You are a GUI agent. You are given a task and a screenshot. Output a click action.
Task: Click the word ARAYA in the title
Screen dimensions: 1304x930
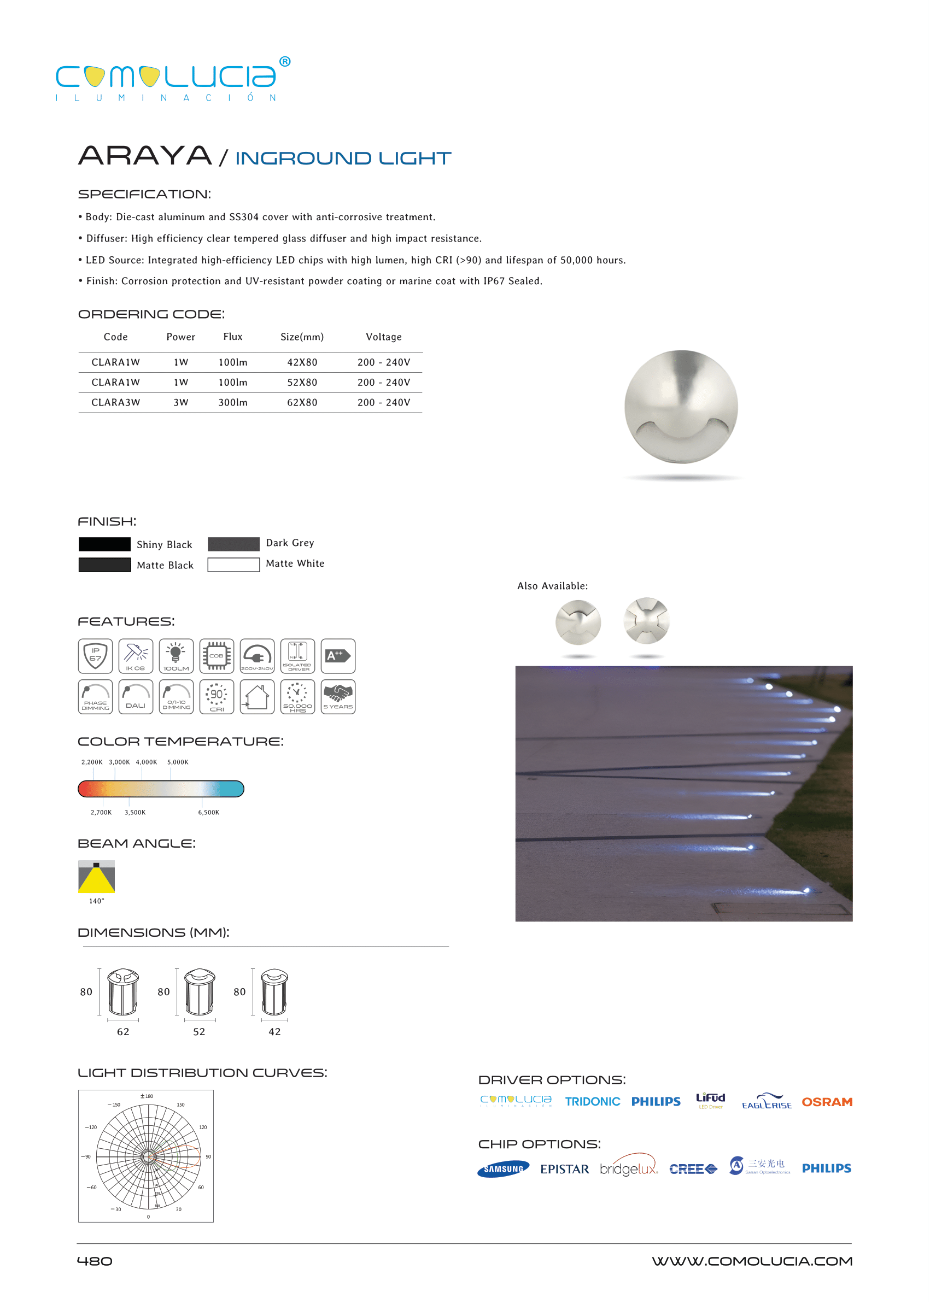pos(145,156)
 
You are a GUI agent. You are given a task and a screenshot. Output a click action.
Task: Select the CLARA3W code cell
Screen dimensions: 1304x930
pos(116,402)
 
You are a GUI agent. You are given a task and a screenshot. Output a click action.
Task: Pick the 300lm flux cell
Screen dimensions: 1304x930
pos(232,402)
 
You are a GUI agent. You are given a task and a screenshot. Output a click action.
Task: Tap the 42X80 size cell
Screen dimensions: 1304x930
pos(302,362)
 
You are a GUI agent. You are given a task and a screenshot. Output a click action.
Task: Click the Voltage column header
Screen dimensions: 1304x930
pos(383,337)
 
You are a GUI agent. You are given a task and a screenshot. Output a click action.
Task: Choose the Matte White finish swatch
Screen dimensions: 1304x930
pos(233,565)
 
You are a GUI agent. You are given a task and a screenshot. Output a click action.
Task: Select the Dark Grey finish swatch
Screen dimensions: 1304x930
pos(233,544)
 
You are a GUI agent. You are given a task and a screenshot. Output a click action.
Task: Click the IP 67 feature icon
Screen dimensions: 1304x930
pos(95,656)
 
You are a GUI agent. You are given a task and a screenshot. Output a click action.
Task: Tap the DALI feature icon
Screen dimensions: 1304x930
pos(136,697)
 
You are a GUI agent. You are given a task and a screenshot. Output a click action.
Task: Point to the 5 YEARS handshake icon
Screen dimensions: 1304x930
pos(338,697)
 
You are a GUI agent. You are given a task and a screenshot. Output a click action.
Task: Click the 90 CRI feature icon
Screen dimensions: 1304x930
pos(217,697)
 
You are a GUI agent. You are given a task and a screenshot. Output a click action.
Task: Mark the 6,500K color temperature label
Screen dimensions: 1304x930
pos(208,812)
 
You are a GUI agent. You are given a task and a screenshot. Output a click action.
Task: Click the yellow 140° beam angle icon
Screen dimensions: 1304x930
pos(96,877)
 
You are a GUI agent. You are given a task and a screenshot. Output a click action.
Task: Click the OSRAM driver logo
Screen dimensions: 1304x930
pos(826,1102)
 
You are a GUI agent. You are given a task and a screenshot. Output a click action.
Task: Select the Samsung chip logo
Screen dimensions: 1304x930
pos(503,1169)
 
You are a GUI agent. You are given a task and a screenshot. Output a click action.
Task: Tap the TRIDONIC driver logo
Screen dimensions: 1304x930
pos(592,1102)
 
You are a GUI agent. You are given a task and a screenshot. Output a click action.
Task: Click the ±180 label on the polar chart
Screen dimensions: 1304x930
pos(147,1096)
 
